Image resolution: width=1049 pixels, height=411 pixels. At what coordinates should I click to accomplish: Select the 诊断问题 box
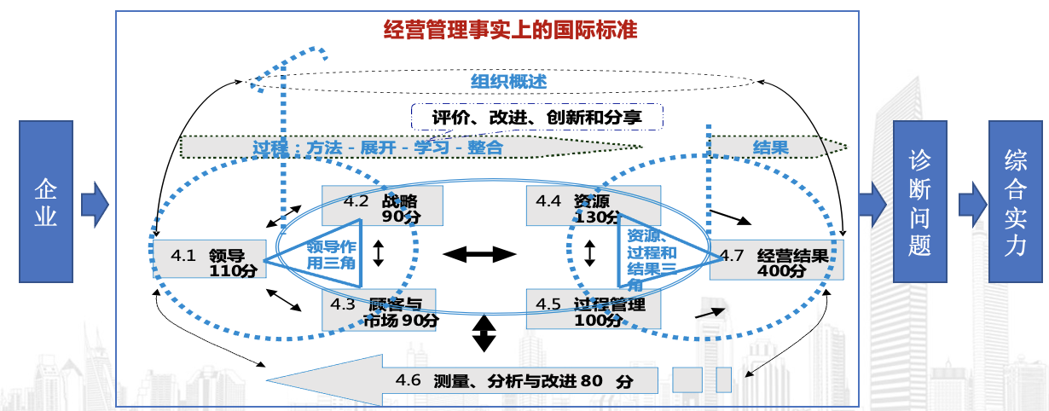pyautogui.click(x=919, y=201)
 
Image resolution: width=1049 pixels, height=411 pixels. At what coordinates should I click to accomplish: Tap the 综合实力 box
pyautogui.click(x=1015, y=201)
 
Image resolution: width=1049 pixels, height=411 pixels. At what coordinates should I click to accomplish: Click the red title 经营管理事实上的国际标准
pyautogui.click(x=511, y=31)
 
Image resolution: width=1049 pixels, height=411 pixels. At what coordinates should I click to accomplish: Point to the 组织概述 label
pyautogui.click(x=508, y=82)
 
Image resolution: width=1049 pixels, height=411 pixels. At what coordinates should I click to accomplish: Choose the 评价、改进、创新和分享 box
pyautogui.click(x=536, y=117)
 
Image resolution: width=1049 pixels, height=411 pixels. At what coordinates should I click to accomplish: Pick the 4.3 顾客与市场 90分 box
pyautogui.click(x=379, y=310)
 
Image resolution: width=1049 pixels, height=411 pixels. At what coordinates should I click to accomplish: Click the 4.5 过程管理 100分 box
pyautogui.click(x=594, y=310)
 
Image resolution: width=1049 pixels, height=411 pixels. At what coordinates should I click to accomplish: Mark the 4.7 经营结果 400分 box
pyautogui.click(x=775, y=260)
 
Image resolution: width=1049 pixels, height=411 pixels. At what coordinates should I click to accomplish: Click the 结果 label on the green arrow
pyautogui.click(x=770, y=147)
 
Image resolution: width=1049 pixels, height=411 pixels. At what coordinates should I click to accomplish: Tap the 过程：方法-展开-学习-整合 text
pyautogui.click(x=378, y=147)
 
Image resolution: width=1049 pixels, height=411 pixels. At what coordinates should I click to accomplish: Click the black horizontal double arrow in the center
pyautogui.click(x=479, y=253)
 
